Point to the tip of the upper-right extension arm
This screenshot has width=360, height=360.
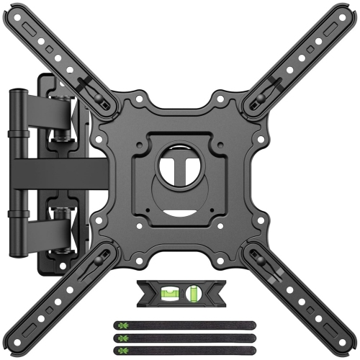point(346,14)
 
